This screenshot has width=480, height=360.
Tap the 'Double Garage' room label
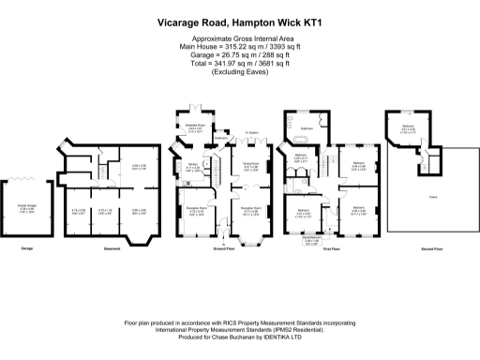28,208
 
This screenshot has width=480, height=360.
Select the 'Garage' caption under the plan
28,248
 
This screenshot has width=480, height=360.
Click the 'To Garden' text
252,133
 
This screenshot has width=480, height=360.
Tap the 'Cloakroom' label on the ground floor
221,142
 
